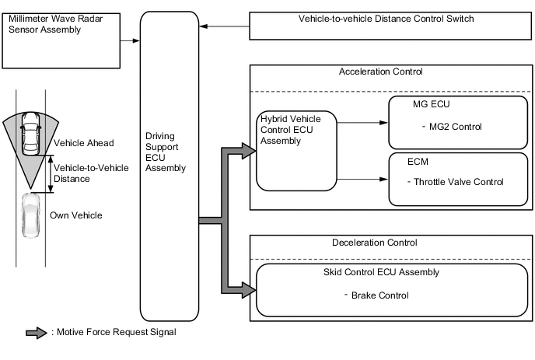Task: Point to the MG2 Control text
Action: pos(451,127)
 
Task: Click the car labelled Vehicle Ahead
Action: pos(30,132)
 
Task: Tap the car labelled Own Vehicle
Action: pos(30,215)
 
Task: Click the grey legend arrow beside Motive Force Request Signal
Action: pos(37,333)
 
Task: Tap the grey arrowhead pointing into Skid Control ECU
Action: pos(247,290)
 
